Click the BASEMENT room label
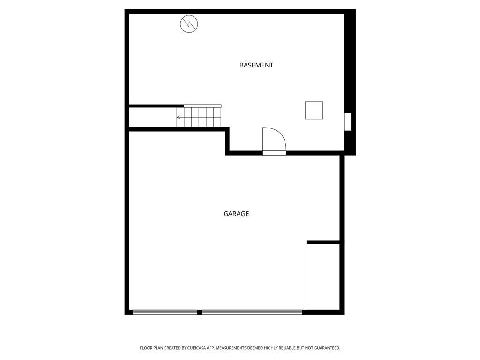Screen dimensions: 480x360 256,65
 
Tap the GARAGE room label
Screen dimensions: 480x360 236,214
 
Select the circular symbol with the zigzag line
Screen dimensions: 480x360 189,24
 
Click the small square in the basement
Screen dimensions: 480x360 314,110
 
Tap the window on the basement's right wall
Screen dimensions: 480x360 348,122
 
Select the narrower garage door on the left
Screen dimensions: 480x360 165,312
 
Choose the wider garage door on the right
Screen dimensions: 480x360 252,312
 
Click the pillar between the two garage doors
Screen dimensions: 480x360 200,312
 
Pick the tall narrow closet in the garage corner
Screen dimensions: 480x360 323,277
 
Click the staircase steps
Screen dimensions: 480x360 199,117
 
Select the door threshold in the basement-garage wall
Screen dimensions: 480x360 274,153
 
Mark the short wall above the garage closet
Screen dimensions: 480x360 323,242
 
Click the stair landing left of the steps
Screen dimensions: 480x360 153,117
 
